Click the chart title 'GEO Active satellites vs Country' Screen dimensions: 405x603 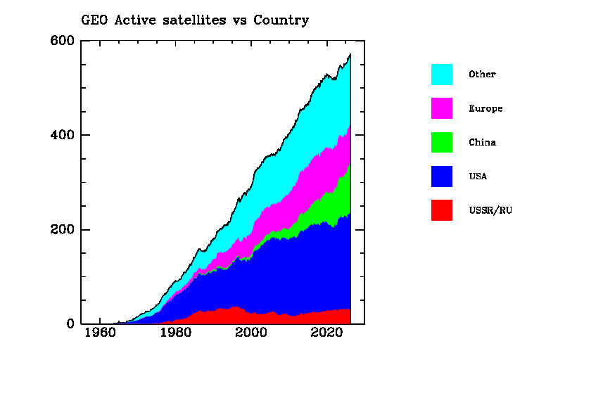tap(196, 20)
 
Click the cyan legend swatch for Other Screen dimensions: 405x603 tap(442, 75)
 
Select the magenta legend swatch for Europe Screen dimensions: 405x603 tap(442, 108)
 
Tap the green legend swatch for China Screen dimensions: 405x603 tap(442, 142)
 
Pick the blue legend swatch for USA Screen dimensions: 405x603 tap(442, 176)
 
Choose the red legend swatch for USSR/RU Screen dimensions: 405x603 tap(442, 210)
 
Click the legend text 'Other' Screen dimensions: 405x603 tap(482, 75)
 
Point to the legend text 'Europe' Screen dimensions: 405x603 tap(485, 108)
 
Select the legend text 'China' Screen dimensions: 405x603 tap(482, 142)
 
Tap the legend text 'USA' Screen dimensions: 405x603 tap(478, 176)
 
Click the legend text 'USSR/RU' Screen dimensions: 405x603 tap(490, 210)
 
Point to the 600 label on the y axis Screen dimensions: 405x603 tap(62, 40)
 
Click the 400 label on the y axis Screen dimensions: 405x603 tap(62, 135)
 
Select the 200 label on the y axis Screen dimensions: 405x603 tap(62, 230)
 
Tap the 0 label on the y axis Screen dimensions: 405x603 tap(70, 324)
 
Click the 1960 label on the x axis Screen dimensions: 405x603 tap(99, 333)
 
